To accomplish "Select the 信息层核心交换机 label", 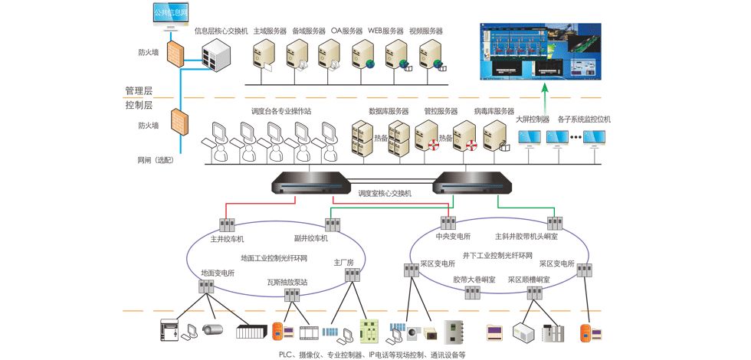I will pos(221,31).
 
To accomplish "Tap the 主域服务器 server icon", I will pos(265,56).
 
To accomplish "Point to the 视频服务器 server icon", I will pos(428,56).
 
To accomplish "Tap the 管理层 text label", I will pos(139,90).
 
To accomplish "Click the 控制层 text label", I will pos(139,105).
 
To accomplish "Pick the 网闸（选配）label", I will pos(156,160).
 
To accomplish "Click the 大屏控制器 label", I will pos(533,119).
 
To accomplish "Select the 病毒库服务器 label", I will pos(494,111).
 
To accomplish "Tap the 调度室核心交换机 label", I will pos(385,194).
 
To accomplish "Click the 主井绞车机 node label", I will pos(227,238).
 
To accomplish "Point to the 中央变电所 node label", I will pos(452,236).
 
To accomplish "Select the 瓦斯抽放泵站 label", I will pos(287,282).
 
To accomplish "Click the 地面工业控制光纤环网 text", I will pos(274,258).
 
